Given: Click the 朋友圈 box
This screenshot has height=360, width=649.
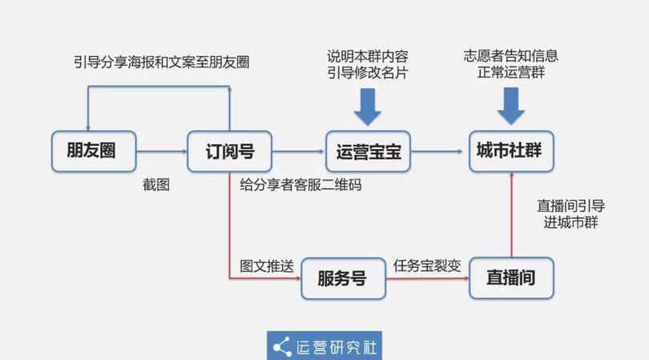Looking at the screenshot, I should (91, 151).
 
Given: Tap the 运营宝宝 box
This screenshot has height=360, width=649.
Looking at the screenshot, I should (369, 151).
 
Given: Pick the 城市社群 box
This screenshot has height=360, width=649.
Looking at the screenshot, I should (510, 151).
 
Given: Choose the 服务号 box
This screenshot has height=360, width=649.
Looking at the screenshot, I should (342, 278).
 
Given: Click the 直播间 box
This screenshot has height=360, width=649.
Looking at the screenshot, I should (510, 278).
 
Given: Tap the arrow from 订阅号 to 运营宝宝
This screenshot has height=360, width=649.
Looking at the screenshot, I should (298, 151).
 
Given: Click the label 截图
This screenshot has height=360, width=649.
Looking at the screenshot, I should (156, 184).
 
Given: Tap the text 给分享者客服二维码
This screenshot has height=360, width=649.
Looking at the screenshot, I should (300, 185).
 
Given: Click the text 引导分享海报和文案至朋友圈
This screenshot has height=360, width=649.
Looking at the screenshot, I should (160, 62).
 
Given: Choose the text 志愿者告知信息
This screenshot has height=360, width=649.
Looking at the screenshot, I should (510, 56).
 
